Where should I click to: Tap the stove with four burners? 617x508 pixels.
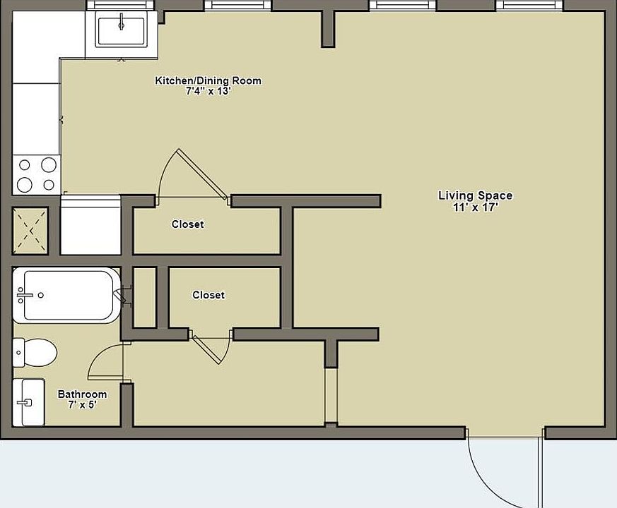tap(37, 175)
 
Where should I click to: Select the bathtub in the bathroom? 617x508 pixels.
tap(66, 295)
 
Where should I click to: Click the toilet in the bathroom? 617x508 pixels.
tap(35, 352)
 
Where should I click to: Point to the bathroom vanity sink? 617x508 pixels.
tap(28, 402)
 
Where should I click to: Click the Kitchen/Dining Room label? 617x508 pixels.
tap(208, 80)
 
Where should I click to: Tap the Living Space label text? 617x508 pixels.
tap(476, 195)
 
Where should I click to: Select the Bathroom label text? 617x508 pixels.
tap(82, 394)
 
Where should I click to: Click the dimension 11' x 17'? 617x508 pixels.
tap(476, 207)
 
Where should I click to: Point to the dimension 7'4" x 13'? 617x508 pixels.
tap(208, 91)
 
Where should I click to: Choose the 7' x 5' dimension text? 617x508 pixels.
tap(82, 404)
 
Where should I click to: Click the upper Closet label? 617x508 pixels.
tap(188, 224)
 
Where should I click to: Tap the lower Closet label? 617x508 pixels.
tap(208, 295)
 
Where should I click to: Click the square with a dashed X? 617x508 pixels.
tap(30, 231)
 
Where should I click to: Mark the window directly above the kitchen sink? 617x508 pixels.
tap(120, 5)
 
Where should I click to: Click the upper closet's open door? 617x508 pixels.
tap(203, 173)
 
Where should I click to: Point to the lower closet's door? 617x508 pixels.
tap(206, 350)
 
